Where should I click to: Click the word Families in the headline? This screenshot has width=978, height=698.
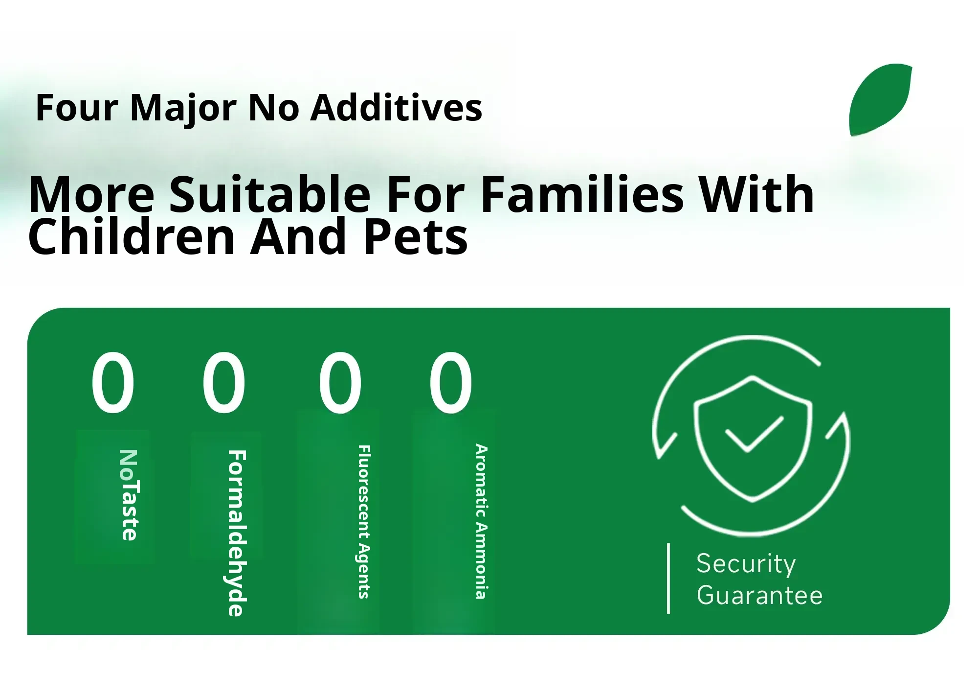tap(582, 194)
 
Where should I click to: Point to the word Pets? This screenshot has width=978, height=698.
tap(415, 237)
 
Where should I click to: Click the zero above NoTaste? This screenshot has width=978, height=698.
tap(112, 382)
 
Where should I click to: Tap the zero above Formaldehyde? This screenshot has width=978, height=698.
tap(224, 382)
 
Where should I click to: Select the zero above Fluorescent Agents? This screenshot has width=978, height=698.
tap(340, 382)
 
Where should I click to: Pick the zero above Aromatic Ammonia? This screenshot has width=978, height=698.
tap(451, 382)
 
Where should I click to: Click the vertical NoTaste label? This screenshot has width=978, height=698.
tap(129, 495)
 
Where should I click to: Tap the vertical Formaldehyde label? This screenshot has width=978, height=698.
tap(237, 533)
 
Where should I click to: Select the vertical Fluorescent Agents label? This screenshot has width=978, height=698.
tap(364, 522)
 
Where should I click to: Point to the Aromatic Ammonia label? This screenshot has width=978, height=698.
tap(482, 522)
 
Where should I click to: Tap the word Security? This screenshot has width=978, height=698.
tap(746, 563)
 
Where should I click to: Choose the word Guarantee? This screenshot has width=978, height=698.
tap(759, 596)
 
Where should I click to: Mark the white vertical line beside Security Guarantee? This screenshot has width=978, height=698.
tap(668, 578)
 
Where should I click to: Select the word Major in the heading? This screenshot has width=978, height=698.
tap(184, 108)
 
